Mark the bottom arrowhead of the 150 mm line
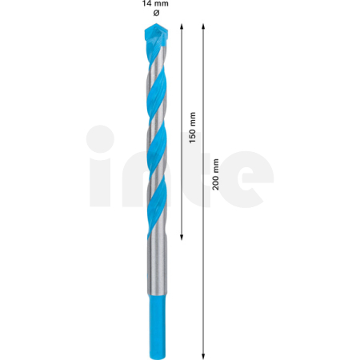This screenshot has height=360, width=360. (183, 237)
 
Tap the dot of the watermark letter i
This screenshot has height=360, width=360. (102, 138)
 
